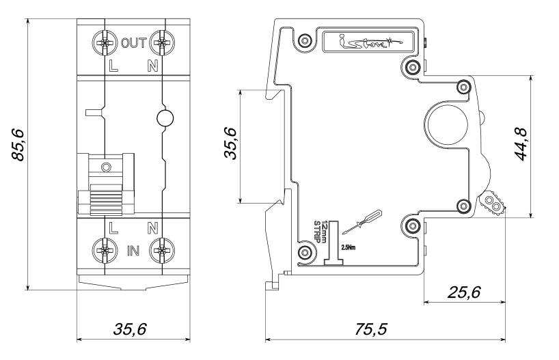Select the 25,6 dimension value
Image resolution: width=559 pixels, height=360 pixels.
tap(463, 292)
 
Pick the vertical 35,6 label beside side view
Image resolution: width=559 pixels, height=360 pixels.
tap(231, 143)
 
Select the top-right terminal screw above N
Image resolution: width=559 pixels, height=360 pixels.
tap(161, 44)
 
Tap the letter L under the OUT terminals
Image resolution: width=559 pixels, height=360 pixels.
tap(113, 66)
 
